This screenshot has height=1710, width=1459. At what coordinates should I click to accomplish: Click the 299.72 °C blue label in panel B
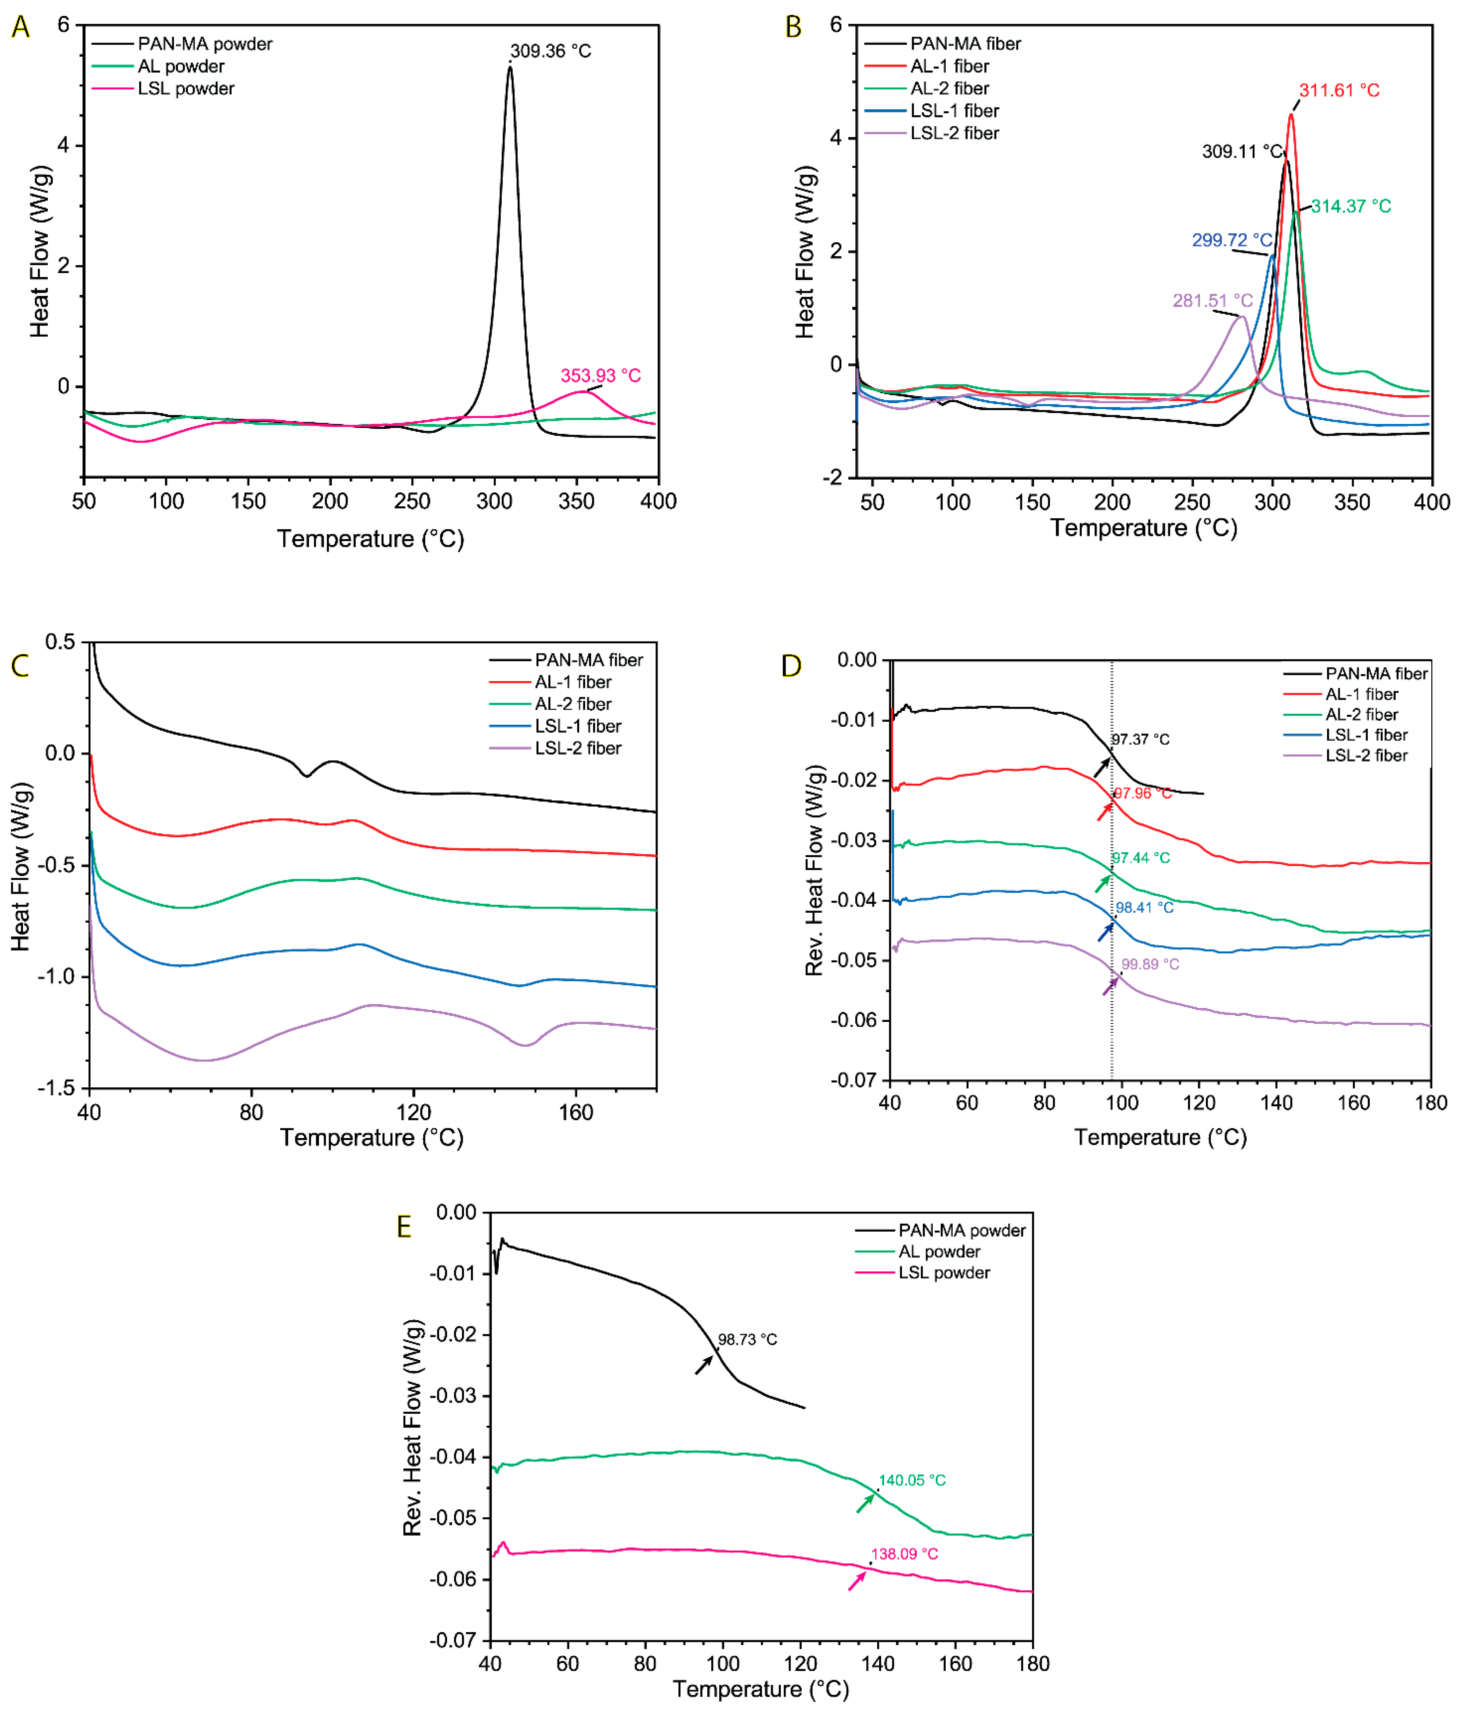[x=1231, y=240]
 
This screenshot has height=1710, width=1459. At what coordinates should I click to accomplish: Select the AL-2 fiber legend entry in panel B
[x=949, y=88]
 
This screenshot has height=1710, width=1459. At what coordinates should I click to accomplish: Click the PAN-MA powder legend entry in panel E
[x=961, y=1231]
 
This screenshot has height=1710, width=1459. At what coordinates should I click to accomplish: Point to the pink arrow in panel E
[x=857, y=1581]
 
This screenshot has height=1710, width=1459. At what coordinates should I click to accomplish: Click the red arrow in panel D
[x=1104, y=811]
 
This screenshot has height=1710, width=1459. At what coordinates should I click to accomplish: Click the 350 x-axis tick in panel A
[x=576, y=501]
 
